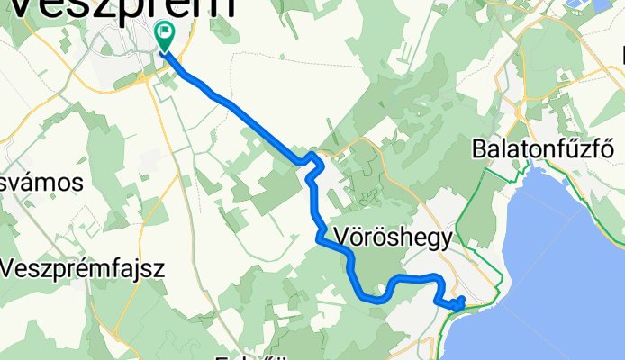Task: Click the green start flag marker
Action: click(x=166, y=37)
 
